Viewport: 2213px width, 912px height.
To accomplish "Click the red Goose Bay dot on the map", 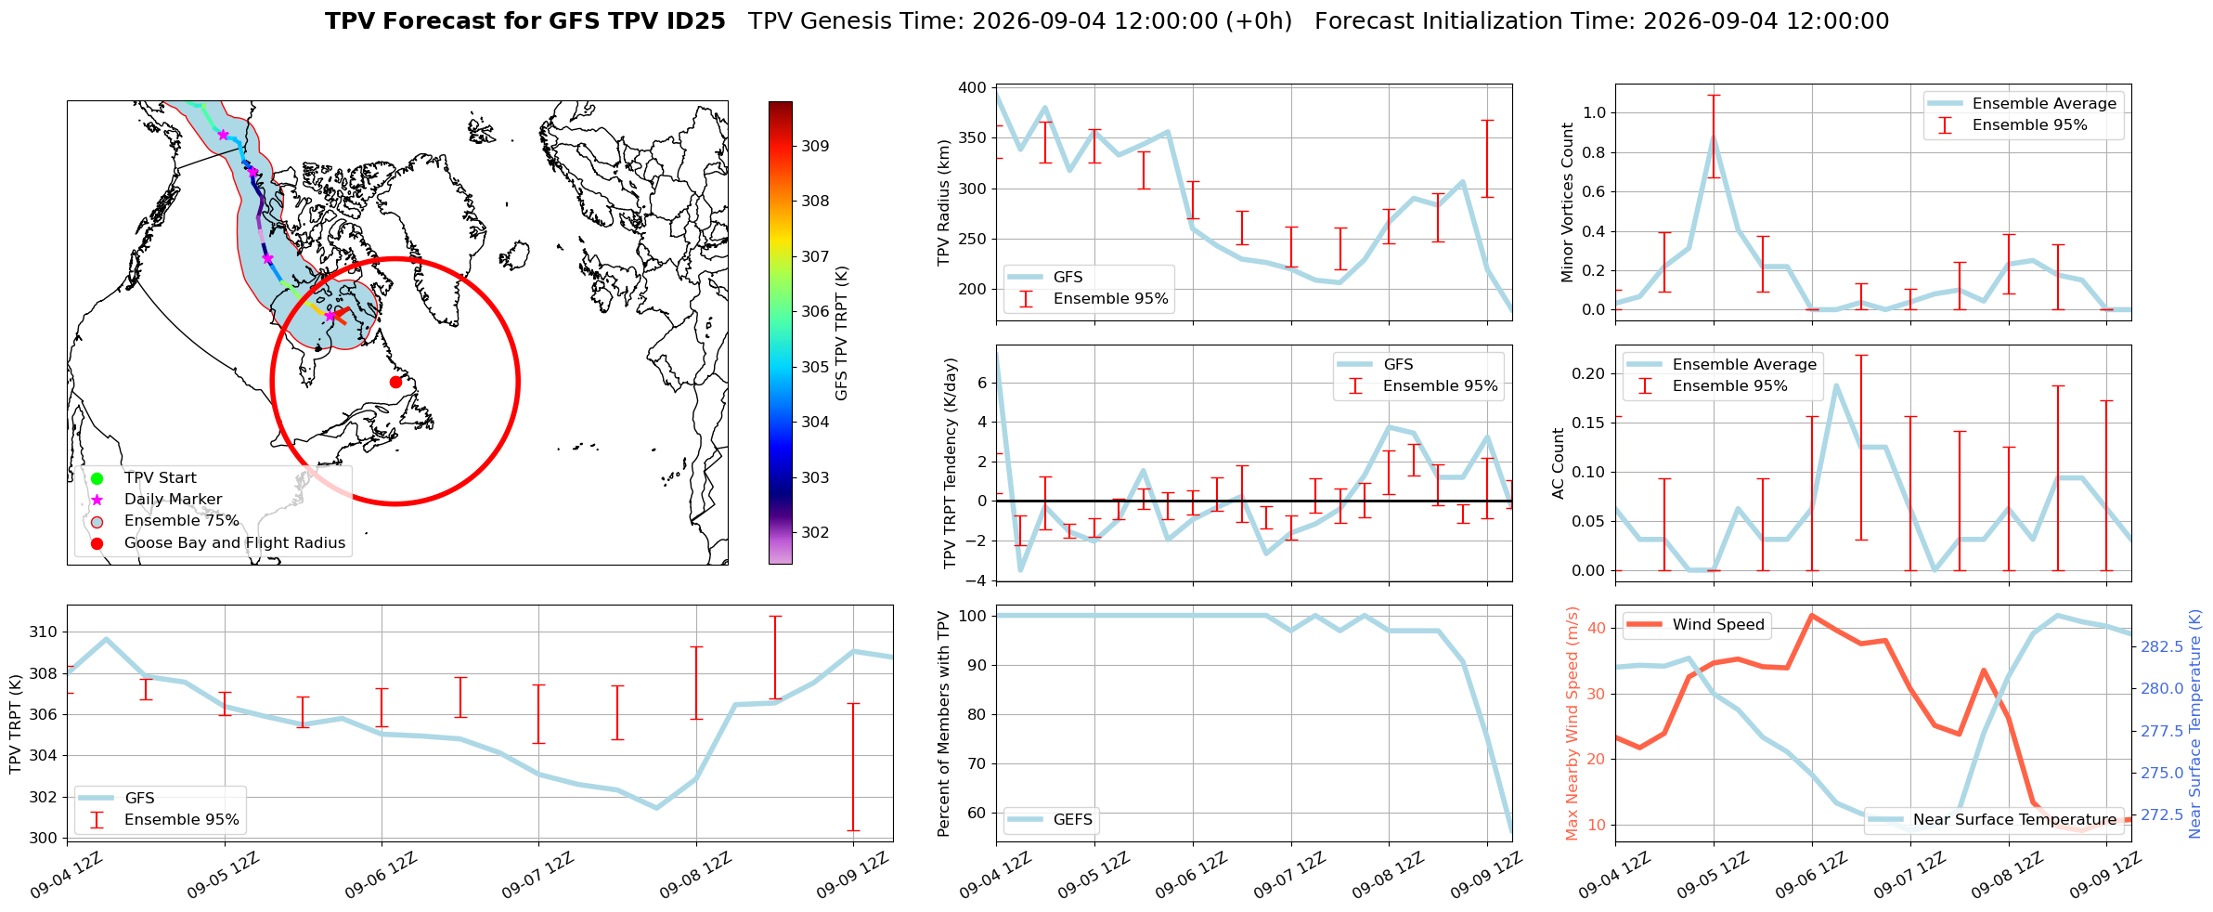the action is [x=395, y=382].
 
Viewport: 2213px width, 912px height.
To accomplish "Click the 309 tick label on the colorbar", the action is [x=816, y=146].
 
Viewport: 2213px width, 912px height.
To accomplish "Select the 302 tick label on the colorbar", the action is [x=816, y=532].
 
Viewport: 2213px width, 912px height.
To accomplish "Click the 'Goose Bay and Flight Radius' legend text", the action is [x=235, y=542].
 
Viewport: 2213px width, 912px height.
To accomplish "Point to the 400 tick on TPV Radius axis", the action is [x=972, y=87].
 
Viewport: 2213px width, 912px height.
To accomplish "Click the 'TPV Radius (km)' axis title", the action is [x=944, y=202].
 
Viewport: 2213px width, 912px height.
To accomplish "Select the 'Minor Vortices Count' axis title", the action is [x=1567, y=202].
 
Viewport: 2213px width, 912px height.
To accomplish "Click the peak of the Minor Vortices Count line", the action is [x=1714, y=136].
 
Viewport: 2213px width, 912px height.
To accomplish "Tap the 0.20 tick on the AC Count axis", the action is [x=1587, y=373].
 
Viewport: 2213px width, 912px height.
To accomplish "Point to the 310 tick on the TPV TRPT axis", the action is [x=45, y=632].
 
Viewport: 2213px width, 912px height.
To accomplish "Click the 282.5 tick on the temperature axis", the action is [x=2162, y=646].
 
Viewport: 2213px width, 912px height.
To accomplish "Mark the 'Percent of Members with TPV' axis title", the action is [x=944, y=723].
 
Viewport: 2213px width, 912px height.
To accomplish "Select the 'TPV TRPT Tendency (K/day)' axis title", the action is [x=950, y=463].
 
